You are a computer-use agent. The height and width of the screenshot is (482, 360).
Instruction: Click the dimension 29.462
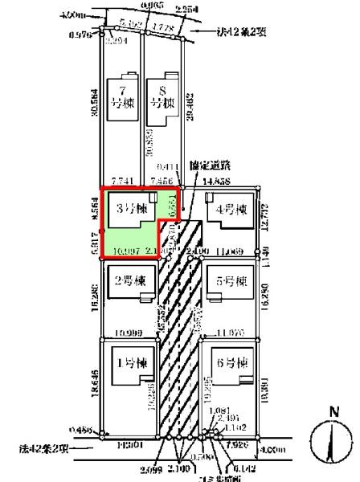pyautogui.click(x=190, y=108)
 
